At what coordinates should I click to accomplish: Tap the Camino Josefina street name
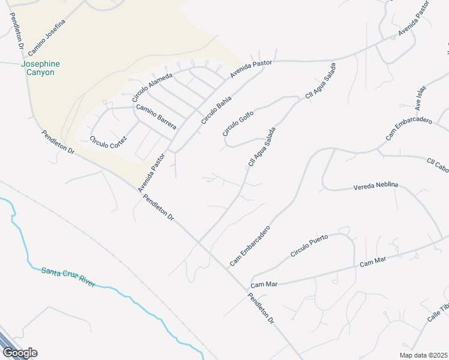coord(46,34)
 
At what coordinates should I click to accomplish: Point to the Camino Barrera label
coord(156,116)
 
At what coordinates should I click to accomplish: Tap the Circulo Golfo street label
coord(238,122)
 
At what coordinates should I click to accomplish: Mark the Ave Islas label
coord(420,97)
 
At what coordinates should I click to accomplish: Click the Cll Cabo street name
coord(437,164)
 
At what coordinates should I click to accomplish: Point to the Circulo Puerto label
coord(309,246)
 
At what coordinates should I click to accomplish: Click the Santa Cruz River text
coord(68,277)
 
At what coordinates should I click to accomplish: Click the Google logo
coord(19,353)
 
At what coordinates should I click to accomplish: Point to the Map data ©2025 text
coord(423,355)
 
